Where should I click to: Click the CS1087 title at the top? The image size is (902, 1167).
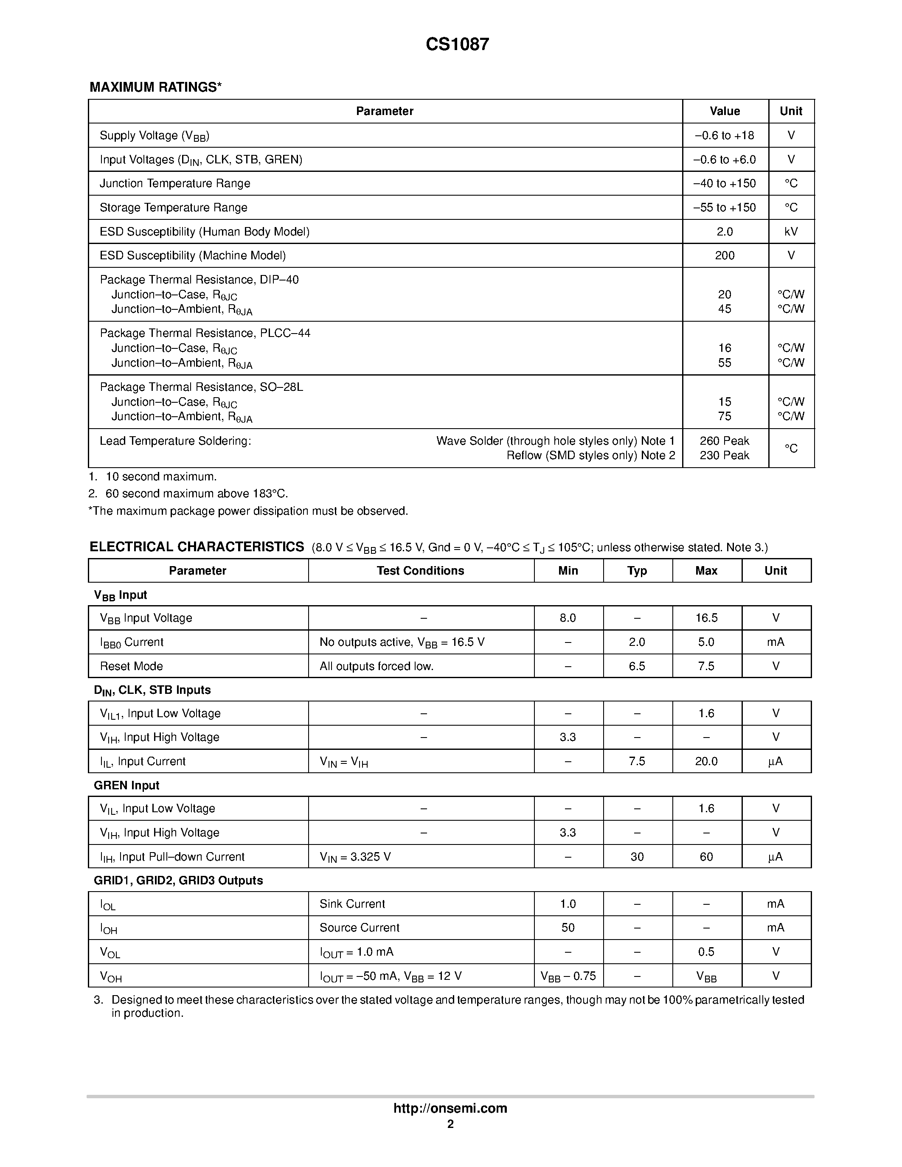pos(457,45)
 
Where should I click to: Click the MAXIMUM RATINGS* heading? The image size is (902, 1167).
pos(155,87)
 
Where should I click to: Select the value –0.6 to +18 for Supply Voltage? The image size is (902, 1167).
pos(724,136)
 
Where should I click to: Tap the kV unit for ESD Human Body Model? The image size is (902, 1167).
pos(791,232)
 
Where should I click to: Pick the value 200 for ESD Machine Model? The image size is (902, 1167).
pos(724,256)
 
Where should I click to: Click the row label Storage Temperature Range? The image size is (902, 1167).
pos(173,208)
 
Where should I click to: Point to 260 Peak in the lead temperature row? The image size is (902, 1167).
pos(724,441)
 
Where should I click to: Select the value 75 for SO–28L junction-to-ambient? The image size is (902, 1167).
pos(724,417)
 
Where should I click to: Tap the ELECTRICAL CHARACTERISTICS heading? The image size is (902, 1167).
pos(197,547)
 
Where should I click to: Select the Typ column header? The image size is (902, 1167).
pos(637,571)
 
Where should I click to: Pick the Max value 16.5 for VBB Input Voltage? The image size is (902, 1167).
pos(706,618)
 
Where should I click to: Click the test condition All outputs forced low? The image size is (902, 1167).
pos(376,666)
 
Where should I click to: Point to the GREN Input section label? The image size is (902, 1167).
pos(126,785)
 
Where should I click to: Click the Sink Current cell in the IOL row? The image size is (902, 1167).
pos(352,904)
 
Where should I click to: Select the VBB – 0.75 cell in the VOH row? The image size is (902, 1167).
pos(568,976)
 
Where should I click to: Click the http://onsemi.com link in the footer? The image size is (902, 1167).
pos(450,1108)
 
